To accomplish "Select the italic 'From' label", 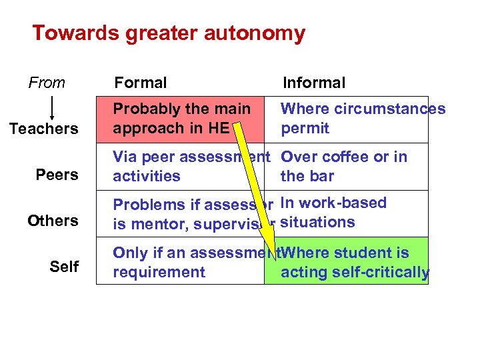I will coord(47,83).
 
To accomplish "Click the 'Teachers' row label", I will coord(43,129).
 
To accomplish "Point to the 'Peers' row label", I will coord(57,175).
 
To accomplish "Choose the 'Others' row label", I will coord(53,221).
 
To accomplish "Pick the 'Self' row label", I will coord(64,267).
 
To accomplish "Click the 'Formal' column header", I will coord(141,83).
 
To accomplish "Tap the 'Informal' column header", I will coord(314,83).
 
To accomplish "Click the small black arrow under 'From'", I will coord(52,107).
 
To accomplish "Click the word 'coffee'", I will coord(349,157).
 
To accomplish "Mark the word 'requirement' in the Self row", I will coord(159,272).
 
